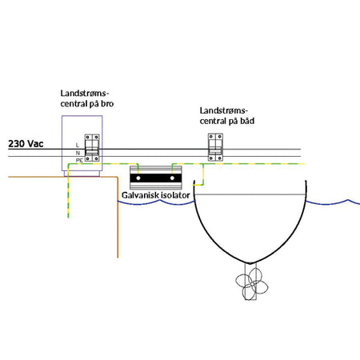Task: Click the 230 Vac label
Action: coord(26,144)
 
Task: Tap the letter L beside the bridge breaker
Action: coord(78,145)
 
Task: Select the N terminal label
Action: coord(78,153)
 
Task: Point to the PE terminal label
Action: coord(79,161)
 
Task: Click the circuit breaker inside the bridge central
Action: coord(92,148)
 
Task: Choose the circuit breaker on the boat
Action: coord(215,147)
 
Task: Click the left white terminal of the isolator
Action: coord(138,178)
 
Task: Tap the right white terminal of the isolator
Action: coord(172,178)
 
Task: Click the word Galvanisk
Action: coord(139,195)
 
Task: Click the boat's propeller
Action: coord(251,284)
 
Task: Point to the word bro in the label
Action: coord(107,103)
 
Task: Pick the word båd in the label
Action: coord(247,121)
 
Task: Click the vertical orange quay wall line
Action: coord(118,218)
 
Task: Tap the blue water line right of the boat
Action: coord(333,202)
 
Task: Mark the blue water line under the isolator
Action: coord(157,203)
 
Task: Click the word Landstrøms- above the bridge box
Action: coord(85,94)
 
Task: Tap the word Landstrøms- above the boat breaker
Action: coord(224,110)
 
